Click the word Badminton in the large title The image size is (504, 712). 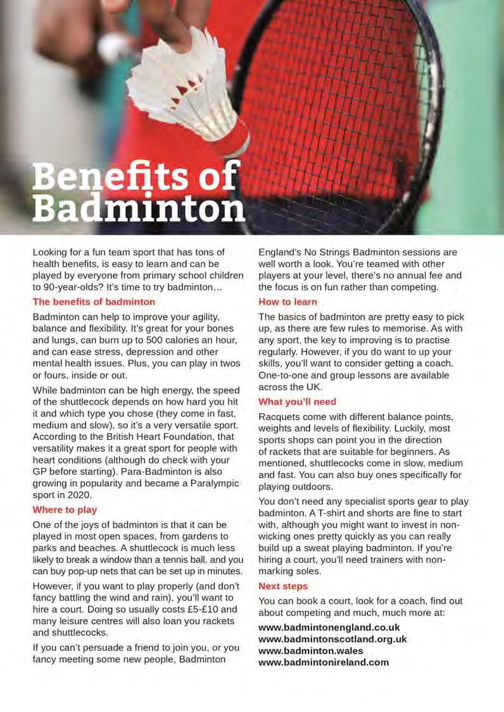[139, 208]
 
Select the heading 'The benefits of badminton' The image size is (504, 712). [94, 302]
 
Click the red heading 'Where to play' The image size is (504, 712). [65, 510]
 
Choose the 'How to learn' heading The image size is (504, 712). [288, 302]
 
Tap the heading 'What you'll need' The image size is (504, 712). [298, 402]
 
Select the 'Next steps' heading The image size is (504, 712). [283, 586]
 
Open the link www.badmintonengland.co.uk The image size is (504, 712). [329, 627]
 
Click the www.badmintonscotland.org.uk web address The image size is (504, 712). [332, 639]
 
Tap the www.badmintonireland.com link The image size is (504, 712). [324, 663]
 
